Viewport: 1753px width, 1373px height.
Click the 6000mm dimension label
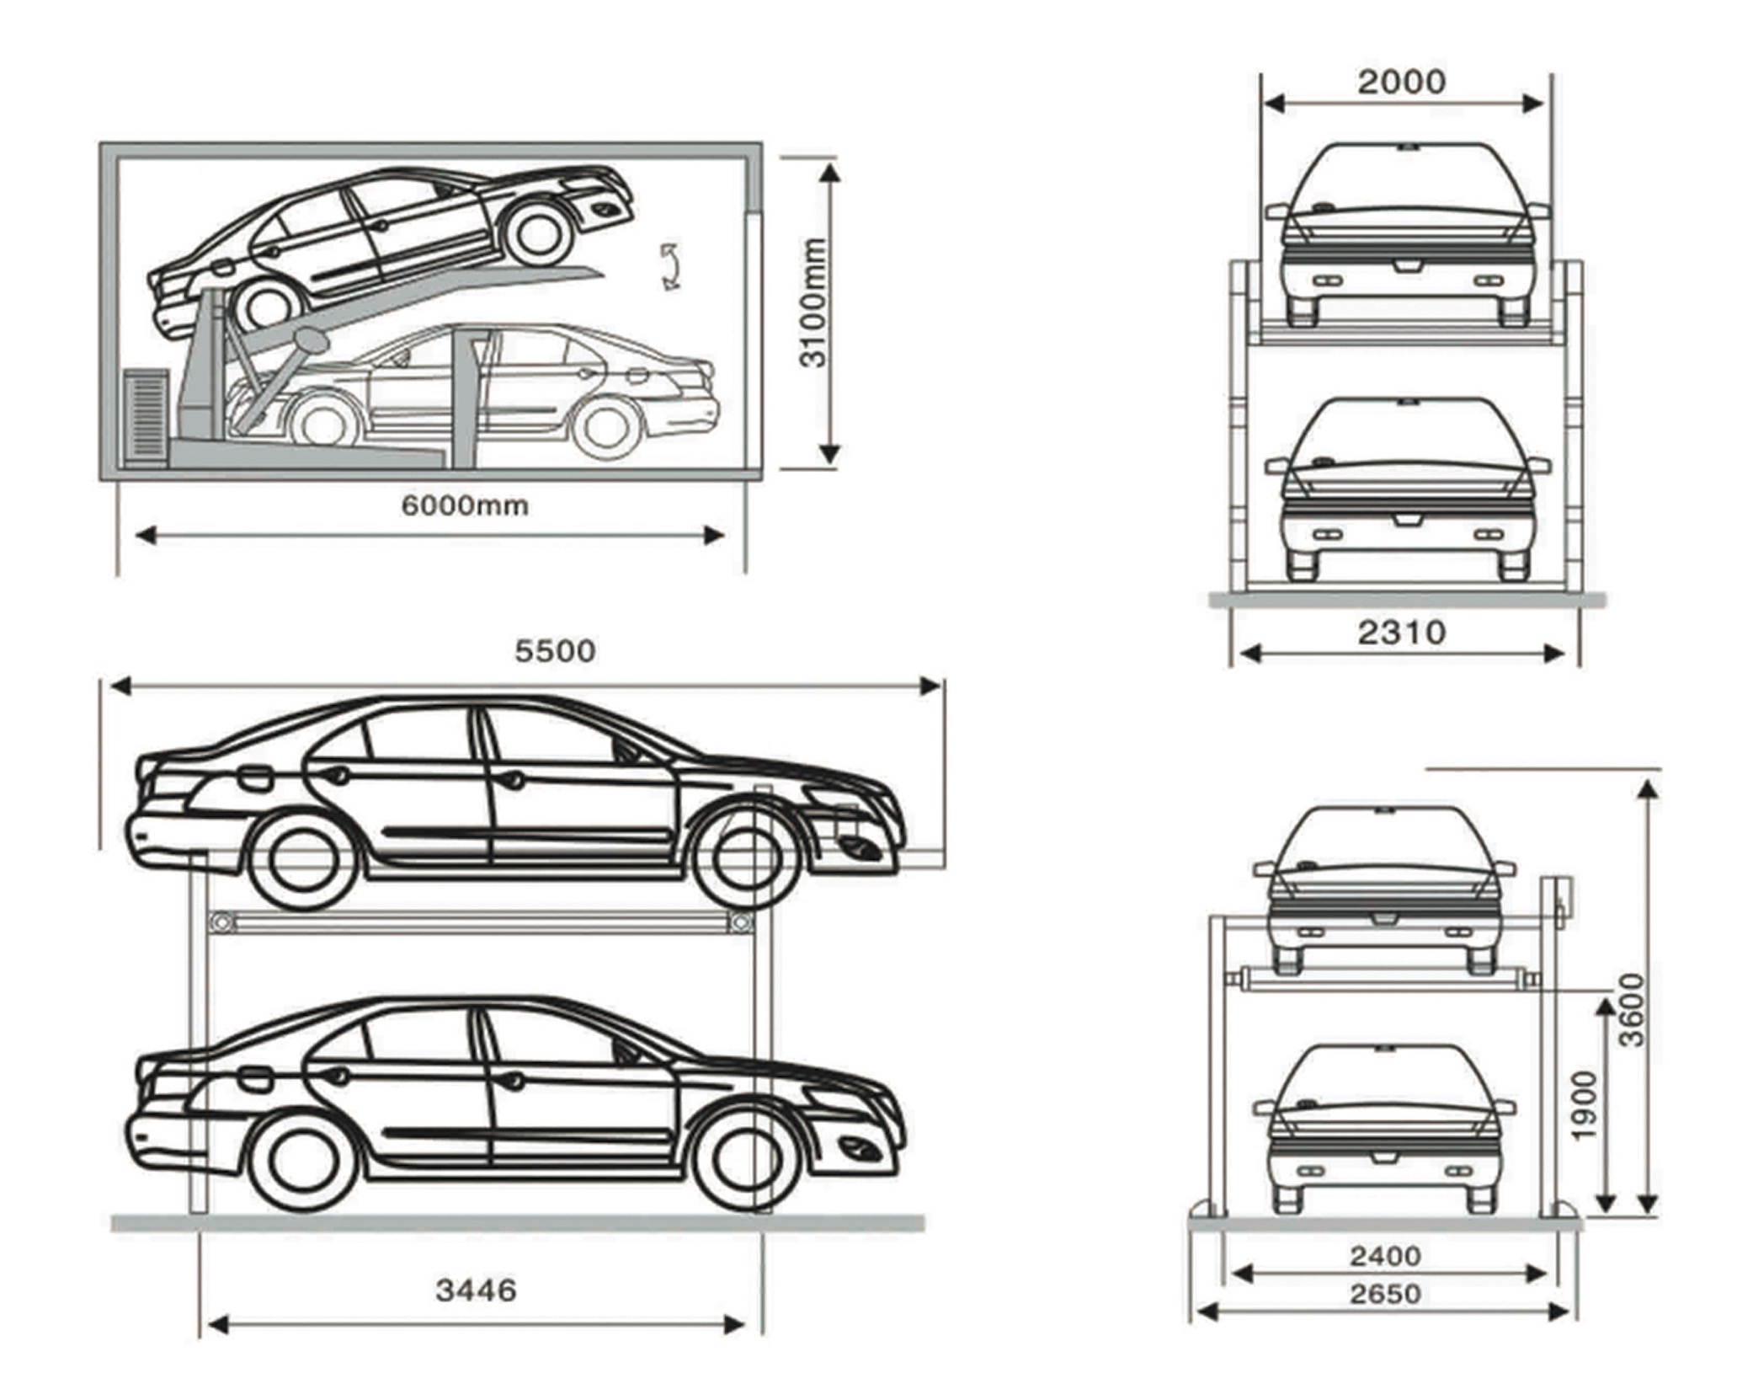pyautogui.click(x=464, y=506)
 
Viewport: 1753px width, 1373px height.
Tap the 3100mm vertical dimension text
pyautogui.click(x=814, y=302)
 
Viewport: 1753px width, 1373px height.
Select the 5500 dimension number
pyautogui.click(x=555, y=651)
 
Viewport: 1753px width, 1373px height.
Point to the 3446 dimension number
pyautogui.click(x=476, y=1290)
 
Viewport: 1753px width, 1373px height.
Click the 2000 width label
pyautogui.click(x=1401, y=82)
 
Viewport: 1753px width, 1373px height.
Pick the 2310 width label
pyautogui.click(x=1401, y=632)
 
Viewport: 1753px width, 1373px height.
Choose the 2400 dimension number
pyautogui.click(x=1385, y=1257)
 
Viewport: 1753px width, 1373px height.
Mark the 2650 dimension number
pyautogui.click(x=1385, y=1294)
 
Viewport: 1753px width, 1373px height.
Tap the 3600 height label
pyautogui.click(x=1632, y=1010)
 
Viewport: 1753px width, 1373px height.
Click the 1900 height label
pyautogui.click(x=1584, y=1106)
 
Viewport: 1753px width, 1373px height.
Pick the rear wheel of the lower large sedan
pyautogui.click(x=303, y=1162)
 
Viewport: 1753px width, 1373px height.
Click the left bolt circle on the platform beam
pyautogui.click(x=222, y=923)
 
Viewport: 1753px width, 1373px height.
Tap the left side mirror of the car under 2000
pyautogui.click(x=1276, y=210)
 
